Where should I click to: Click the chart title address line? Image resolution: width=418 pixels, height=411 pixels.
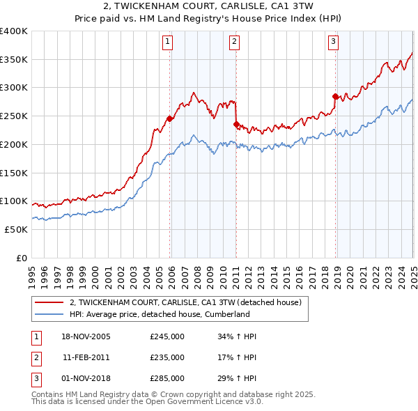209,7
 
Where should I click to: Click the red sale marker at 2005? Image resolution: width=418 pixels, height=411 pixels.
169,118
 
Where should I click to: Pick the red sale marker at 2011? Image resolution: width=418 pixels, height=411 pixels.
236,124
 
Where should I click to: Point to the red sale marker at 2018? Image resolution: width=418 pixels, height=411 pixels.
335,96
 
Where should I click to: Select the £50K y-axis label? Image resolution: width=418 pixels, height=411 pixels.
16,229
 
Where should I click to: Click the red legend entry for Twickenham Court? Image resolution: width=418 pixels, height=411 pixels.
185,302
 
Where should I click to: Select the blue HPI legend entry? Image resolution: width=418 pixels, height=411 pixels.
160,314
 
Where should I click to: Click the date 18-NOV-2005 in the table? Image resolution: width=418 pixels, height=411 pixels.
86,336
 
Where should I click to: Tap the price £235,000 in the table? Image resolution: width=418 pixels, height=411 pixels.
167,357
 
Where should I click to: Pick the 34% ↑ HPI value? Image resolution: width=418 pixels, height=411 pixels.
237,336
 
